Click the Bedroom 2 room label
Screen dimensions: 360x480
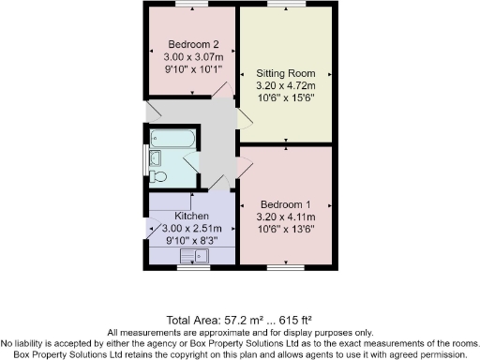[194, 43]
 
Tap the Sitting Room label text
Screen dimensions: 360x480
[285, 72]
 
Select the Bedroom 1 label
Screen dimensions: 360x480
[285, 204]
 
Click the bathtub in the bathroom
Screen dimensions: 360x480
[173, 141]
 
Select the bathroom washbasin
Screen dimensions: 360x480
[155, 157]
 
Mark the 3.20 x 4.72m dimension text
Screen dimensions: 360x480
[285, 84]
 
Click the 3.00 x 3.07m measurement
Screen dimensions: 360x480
[194, 55]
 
